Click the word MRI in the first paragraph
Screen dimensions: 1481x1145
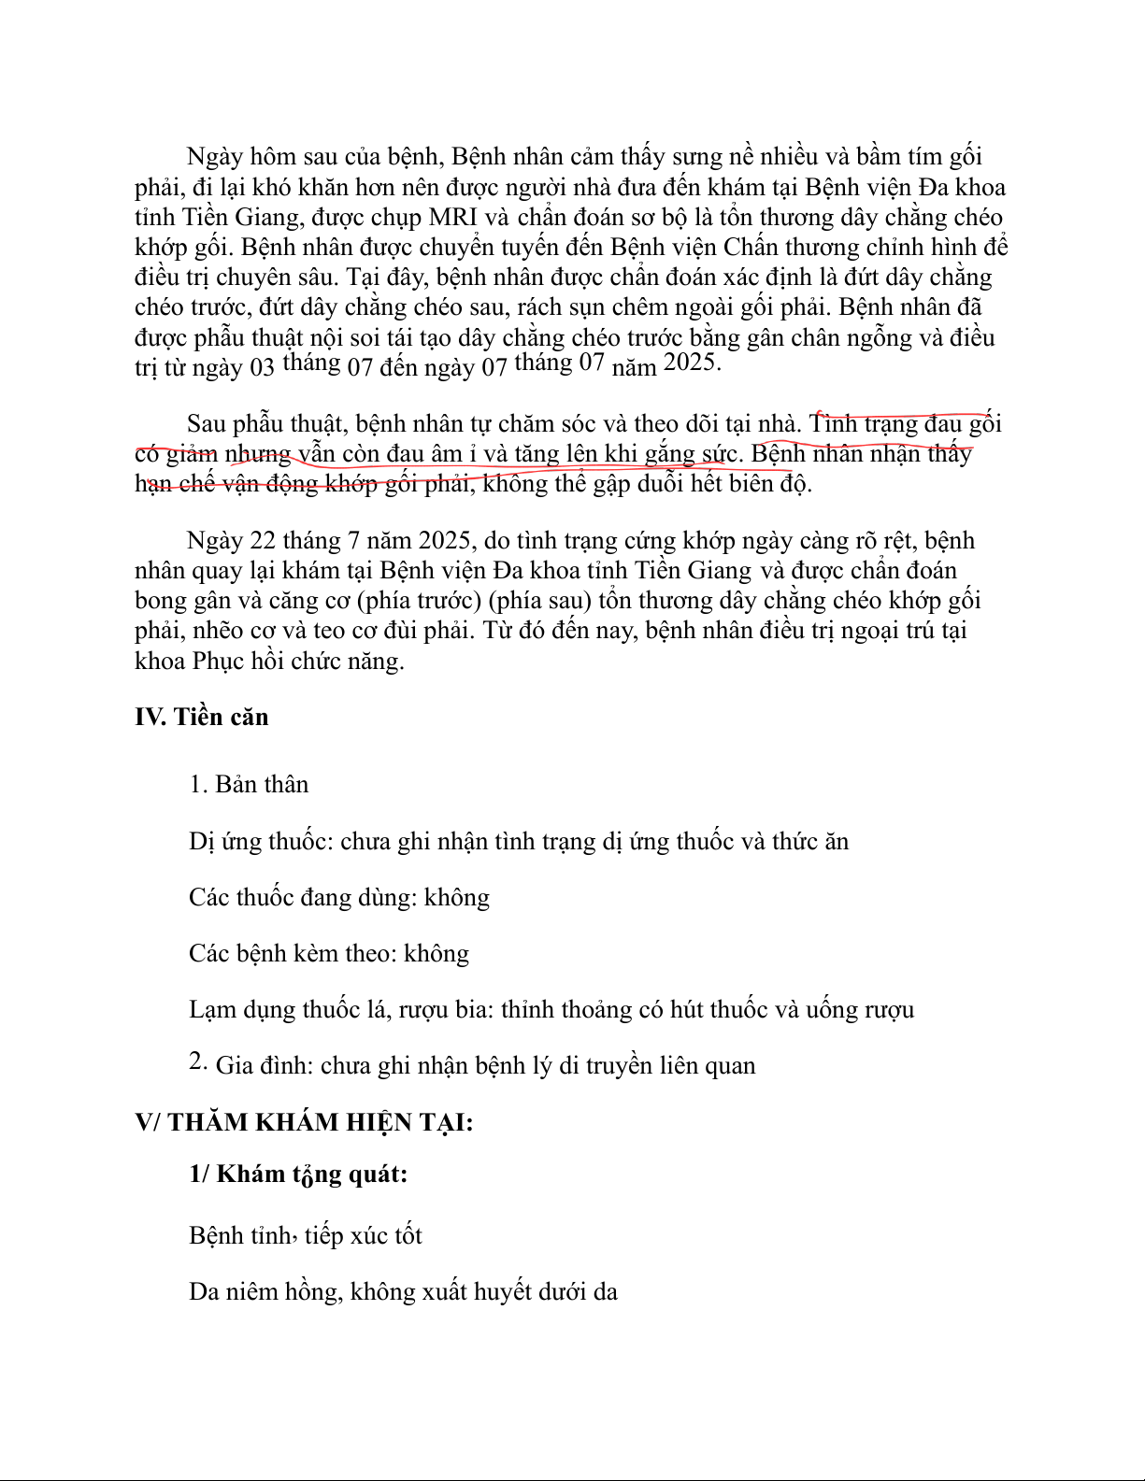pos(452,218)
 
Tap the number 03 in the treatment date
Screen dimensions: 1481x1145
pos(262,367)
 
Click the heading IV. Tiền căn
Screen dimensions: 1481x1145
pos(201,717)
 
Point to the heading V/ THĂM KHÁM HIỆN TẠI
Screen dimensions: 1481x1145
pos(304,1121)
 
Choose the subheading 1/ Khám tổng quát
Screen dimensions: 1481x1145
pos(298,1174)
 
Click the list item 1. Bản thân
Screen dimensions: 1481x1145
pos(249,784)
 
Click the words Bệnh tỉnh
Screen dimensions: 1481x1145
pos(240,1235)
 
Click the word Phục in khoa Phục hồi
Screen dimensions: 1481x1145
pos(218,662)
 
